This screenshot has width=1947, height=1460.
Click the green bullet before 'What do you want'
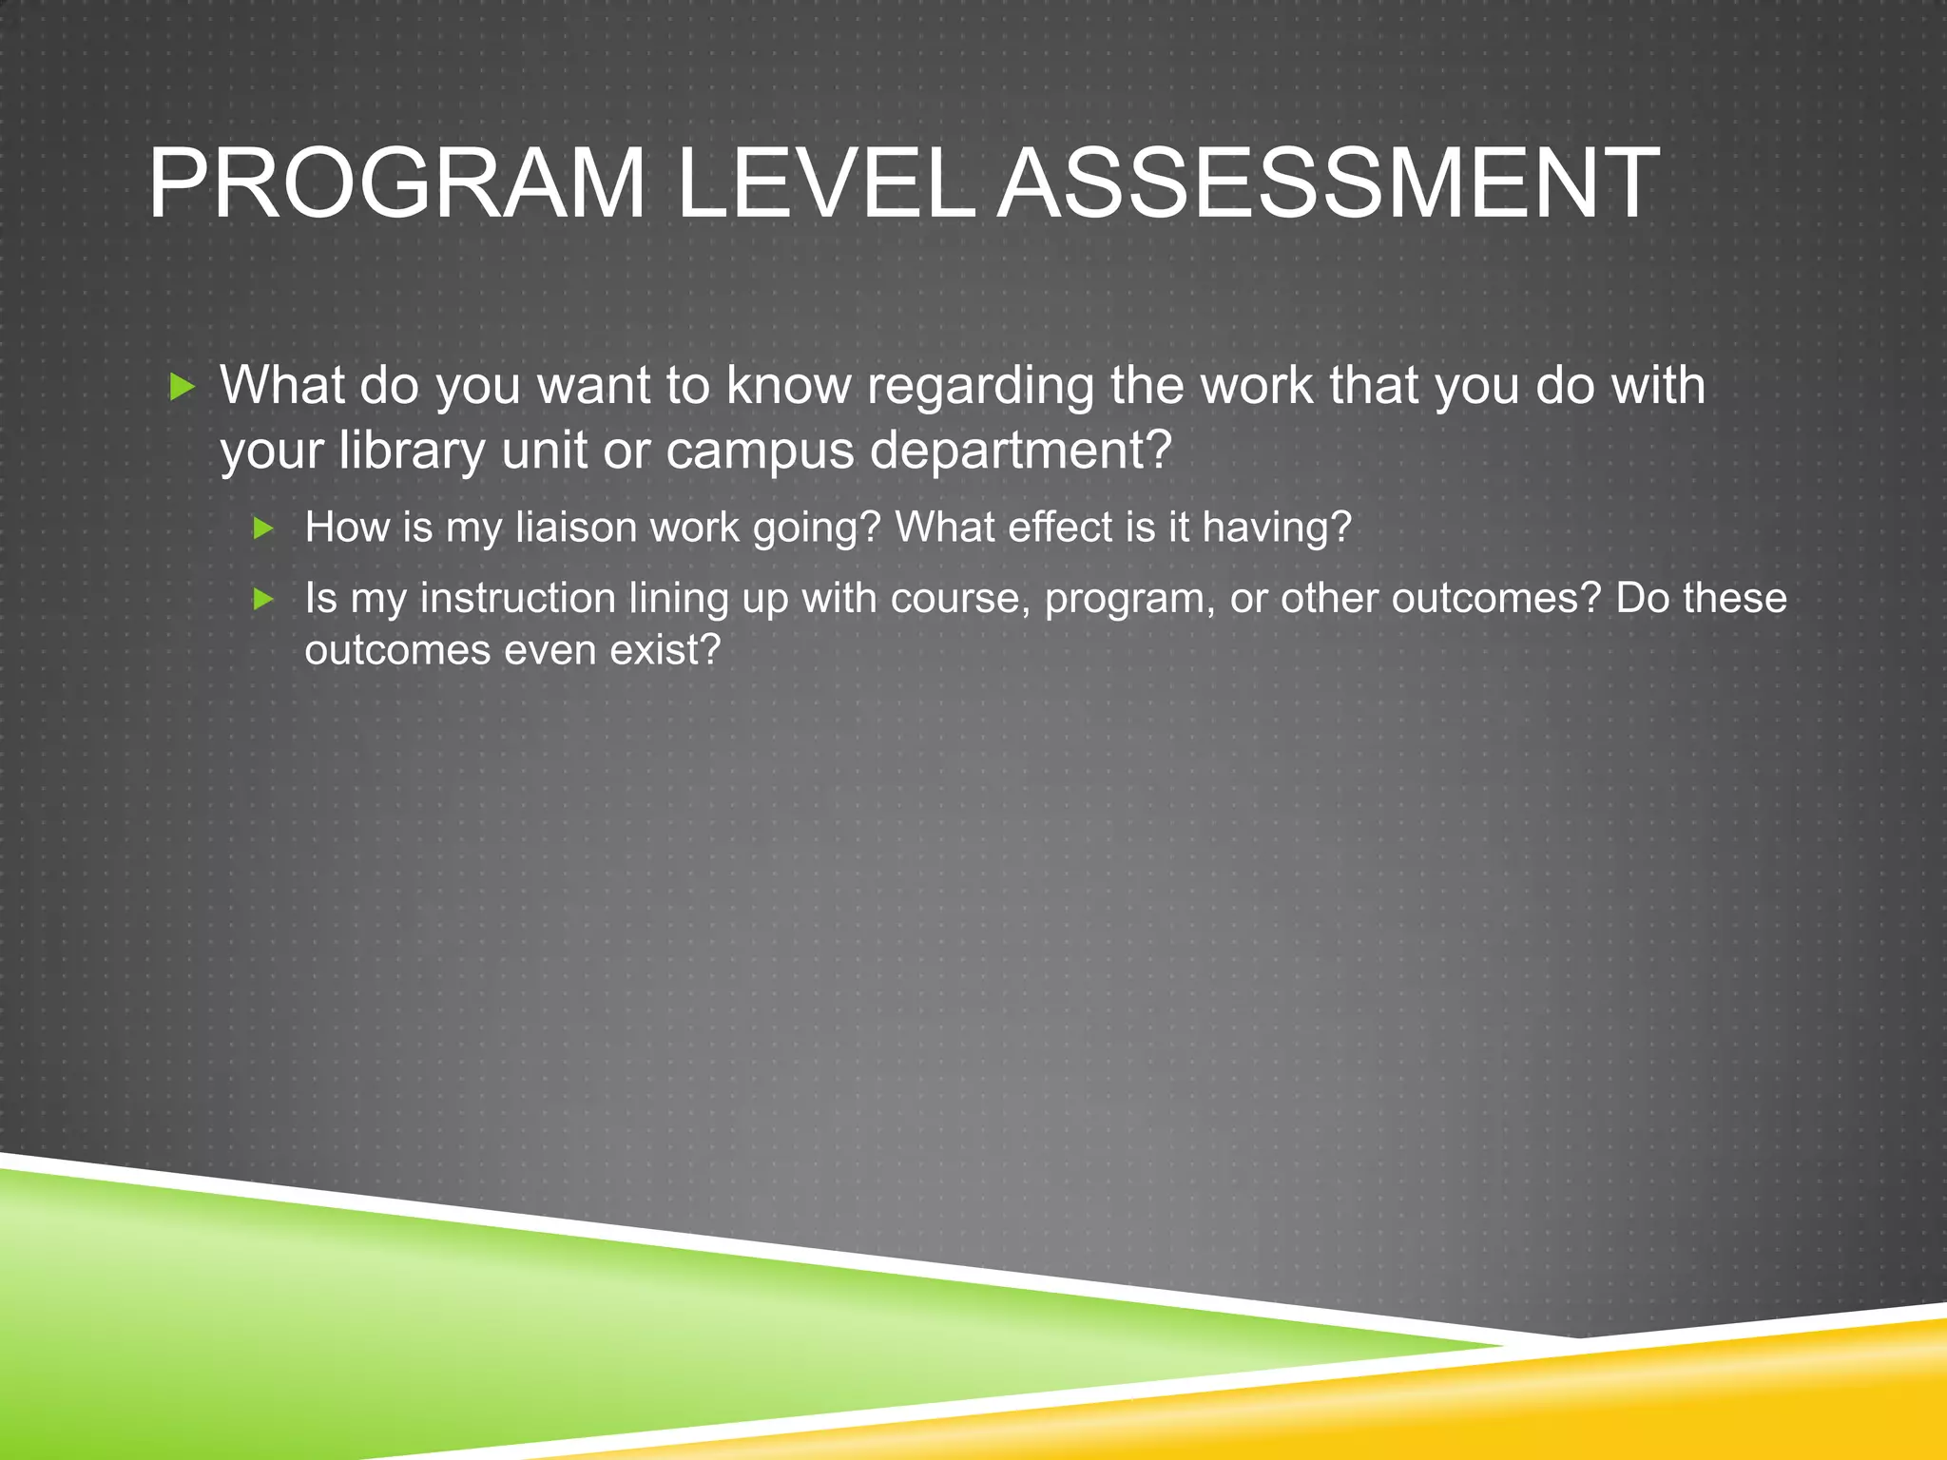181,387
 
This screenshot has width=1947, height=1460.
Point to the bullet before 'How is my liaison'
264,528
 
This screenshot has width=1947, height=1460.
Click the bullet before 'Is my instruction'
264,599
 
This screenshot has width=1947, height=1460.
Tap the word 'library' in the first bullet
412,450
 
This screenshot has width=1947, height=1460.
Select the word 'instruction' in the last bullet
518,599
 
